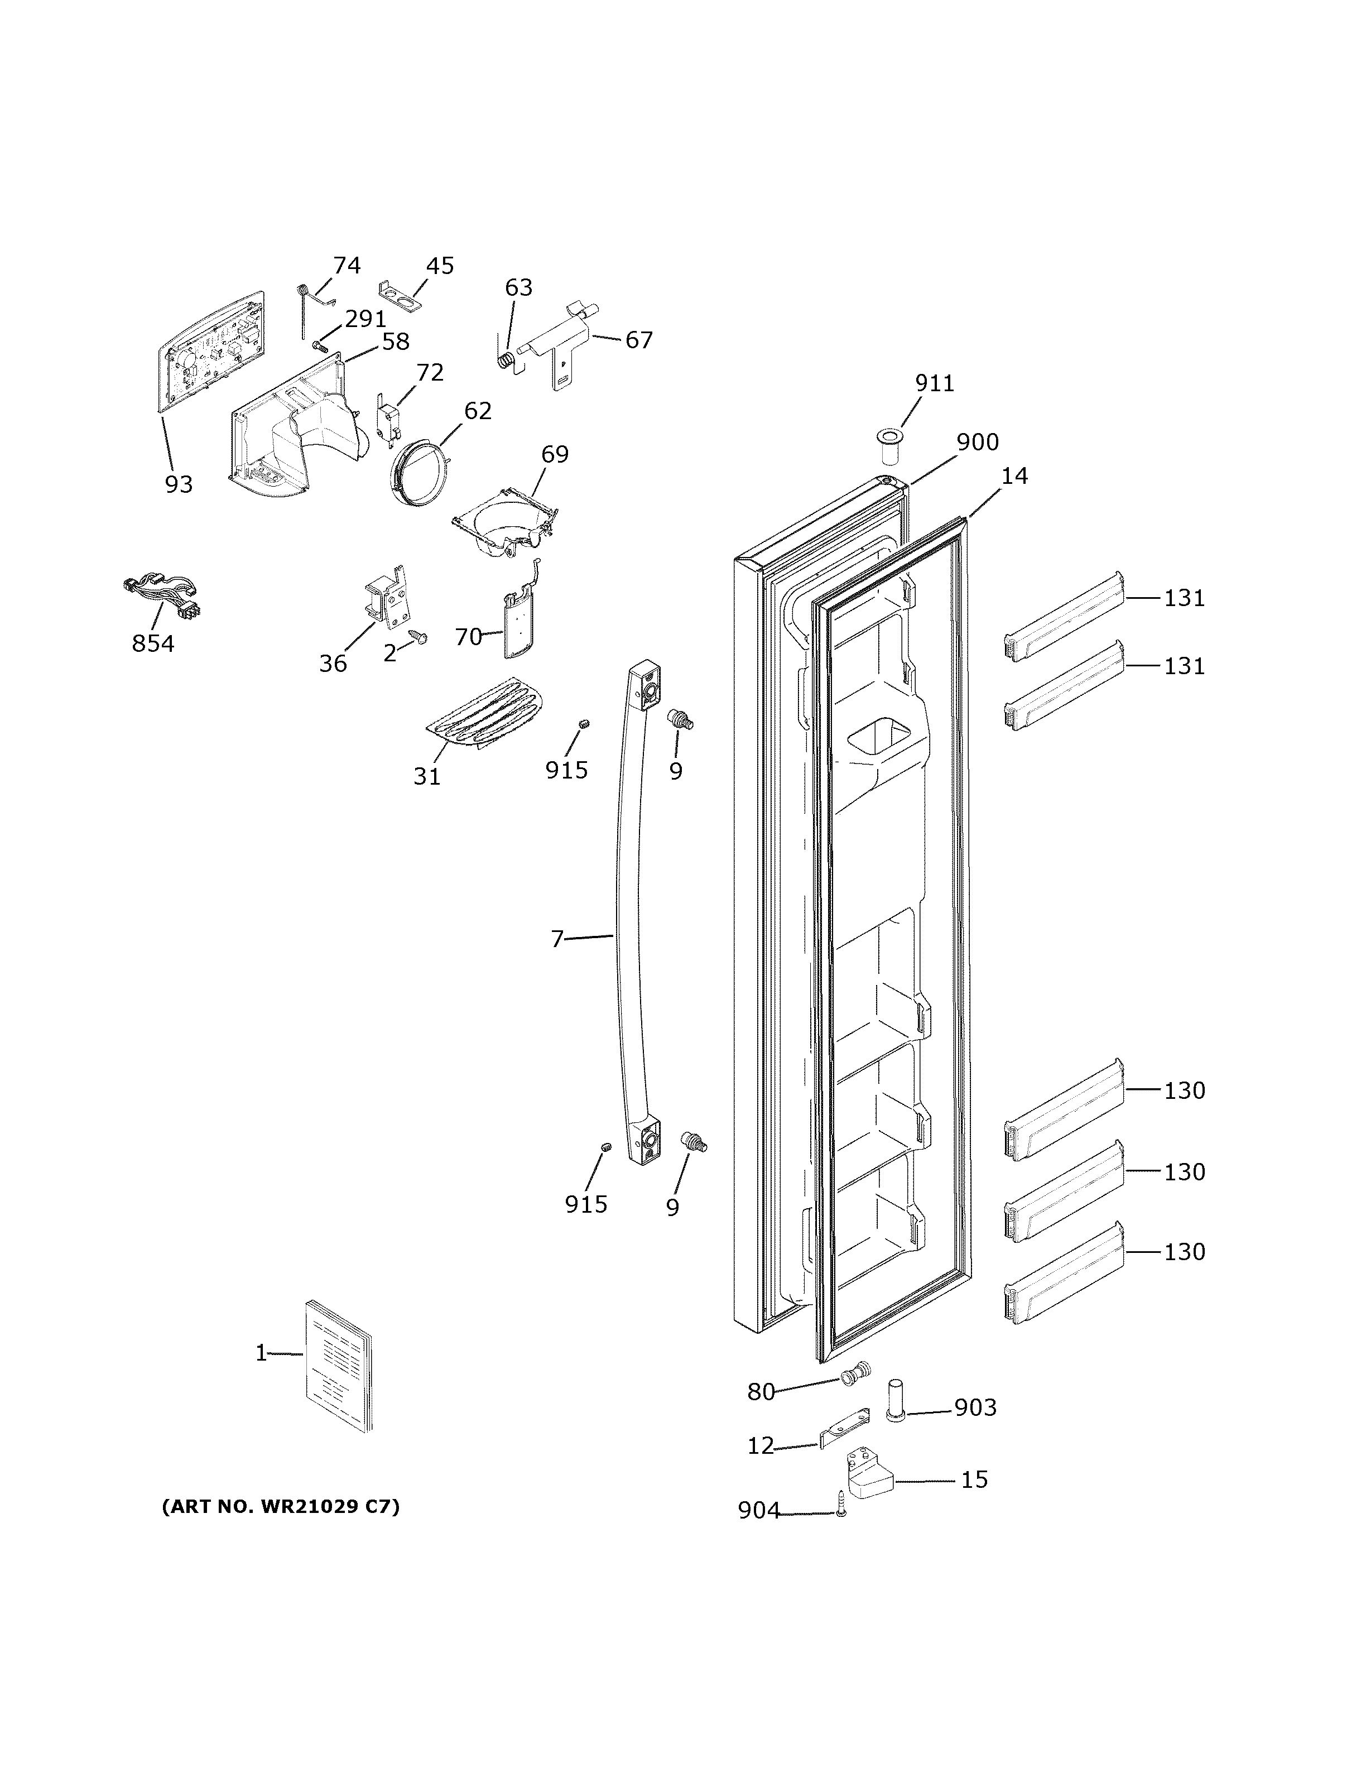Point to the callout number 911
(x=935, y=383)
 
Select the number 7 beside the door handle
(x=557, y=939)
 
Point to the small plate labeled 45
(x=401, y=295)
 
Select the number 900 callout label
(x=978, y=442)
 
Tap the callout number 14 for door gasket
(x=1014, y=476)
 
